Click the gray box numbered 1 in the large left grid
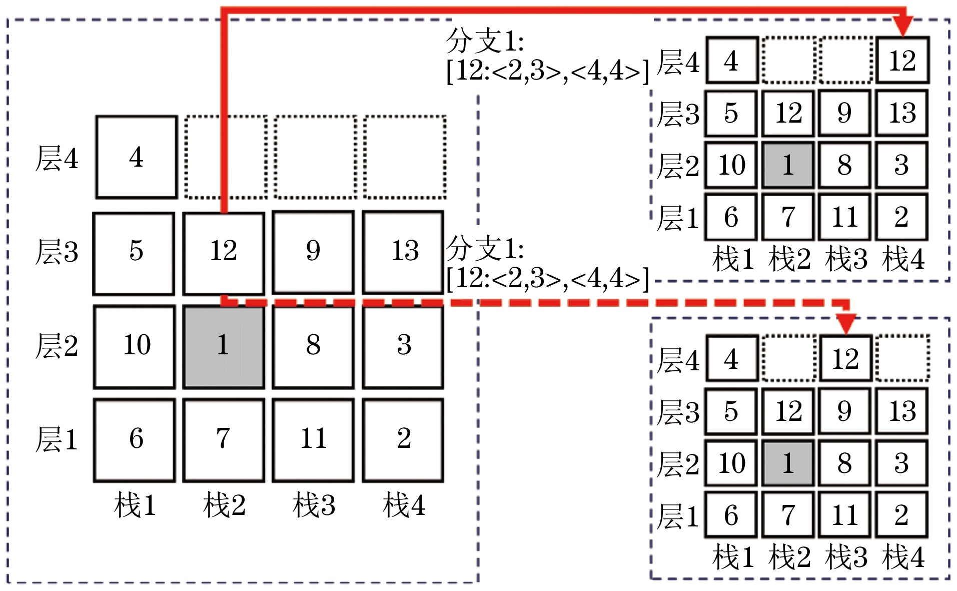coord(223,346)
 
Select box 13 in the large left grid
coord(403,252)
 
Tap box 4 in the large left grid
coord(136,157)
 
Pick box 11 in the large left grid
coord(313,440)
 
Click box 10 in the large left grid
coord(135,346)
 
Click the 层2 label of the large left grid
coord(57,346)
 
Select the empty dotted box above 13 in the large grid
coord(405,157)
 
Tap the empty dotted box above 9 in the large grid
coord(315,157)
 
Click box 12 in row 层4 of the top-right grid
coord(902,61)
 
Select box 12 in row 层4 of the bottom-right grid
coord(845,359)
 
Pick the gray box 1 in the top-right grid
coord(788,165)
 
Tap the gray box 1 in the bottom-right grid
coord(788,463)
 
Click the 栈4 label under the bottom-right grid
coord(903,557)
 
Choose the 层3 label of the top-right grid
coord(678,114)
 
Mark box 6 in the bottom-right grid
coord(731,515)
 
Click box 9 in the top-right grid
coord(844,113)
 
